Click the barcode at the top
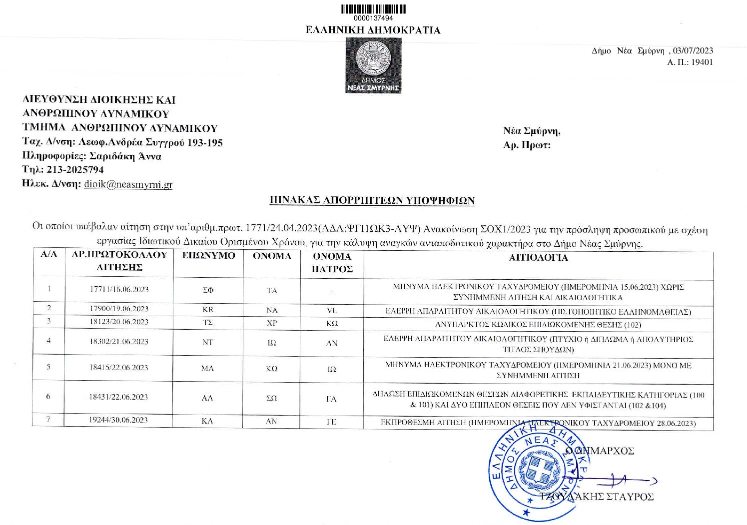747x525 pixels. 373,9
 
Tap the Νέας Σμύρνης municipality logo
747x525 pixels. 373,65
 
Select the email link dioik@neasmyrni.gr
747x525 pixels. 128,184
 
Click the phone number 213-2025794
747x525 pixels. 75,170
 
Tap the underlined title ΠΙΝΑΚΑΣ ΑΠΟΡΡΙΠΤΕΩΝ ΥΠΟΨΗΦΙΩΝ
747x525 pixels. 372,201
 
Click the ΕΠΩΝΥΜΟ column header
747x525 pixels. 208,256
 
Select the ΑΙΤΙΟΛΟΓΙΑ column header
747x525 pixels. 538,258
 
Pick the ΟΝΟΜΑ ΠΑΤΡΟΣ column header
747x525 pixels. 332,263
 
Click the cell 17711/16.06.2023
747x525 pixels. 119,290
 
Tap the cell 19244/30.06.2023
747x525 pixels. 119,420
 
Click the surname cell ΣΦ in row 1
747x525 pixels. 208,291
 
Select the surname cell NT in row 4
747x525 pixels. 208,343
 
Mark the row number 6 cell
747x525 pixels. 48,397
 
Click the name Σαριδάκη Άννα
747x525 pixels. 125,156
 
